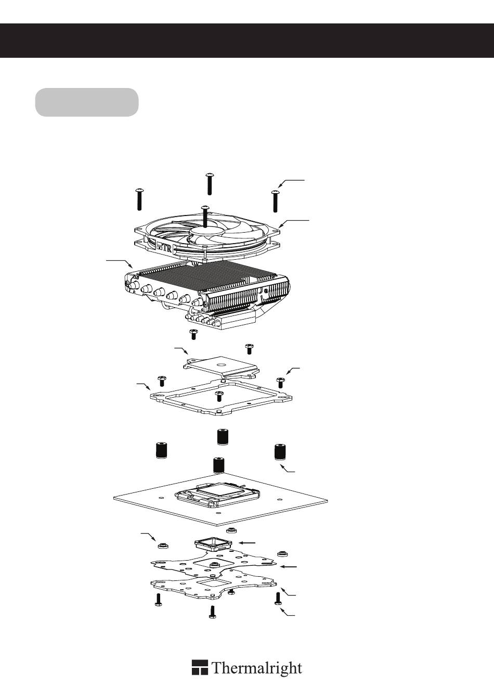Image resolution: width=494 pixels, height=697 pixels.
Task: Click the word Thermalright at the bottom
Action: (256, 668)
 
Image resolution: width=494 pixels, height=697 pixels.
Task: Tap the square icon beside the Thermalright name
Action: (200, 667)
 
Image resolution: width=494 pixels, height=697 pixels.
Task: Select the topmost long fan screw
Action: (209, 183)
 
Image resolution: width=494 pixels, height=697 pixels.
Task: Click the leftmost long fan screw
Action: (139, 199)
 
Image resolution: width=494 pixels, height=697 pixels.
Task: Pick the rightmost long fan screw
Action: (276, 201)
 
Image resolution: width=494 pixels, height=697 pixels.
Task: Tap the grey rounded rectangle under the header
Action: (87, 102)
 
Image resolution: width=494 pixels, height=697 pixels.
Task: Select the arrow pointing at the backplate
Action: (289, 566)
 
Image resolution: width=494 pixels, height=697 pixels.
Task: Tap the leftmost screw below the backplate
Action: (158, 601)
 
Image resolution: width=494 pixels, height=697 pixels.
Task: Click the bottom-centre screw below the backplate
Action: (212, 611)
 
